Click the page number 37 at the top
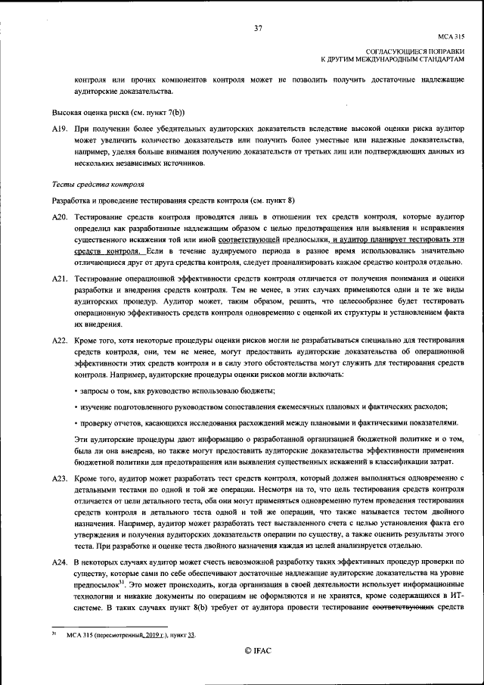[x=258, y=28]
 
